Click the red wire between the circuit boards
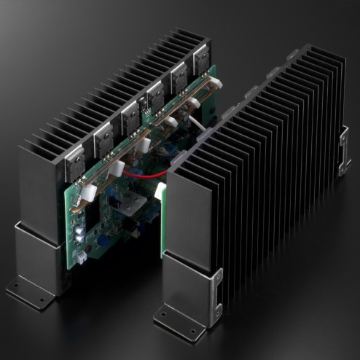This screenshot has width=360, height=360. coord(150,175)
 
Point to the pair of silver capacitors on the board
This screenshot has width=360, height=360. coord(77,233)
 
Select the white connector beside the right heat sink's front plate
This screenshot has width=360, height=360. coord(160,191)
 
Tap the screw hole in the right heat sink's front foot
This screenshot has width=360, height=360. coord(162,318)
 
